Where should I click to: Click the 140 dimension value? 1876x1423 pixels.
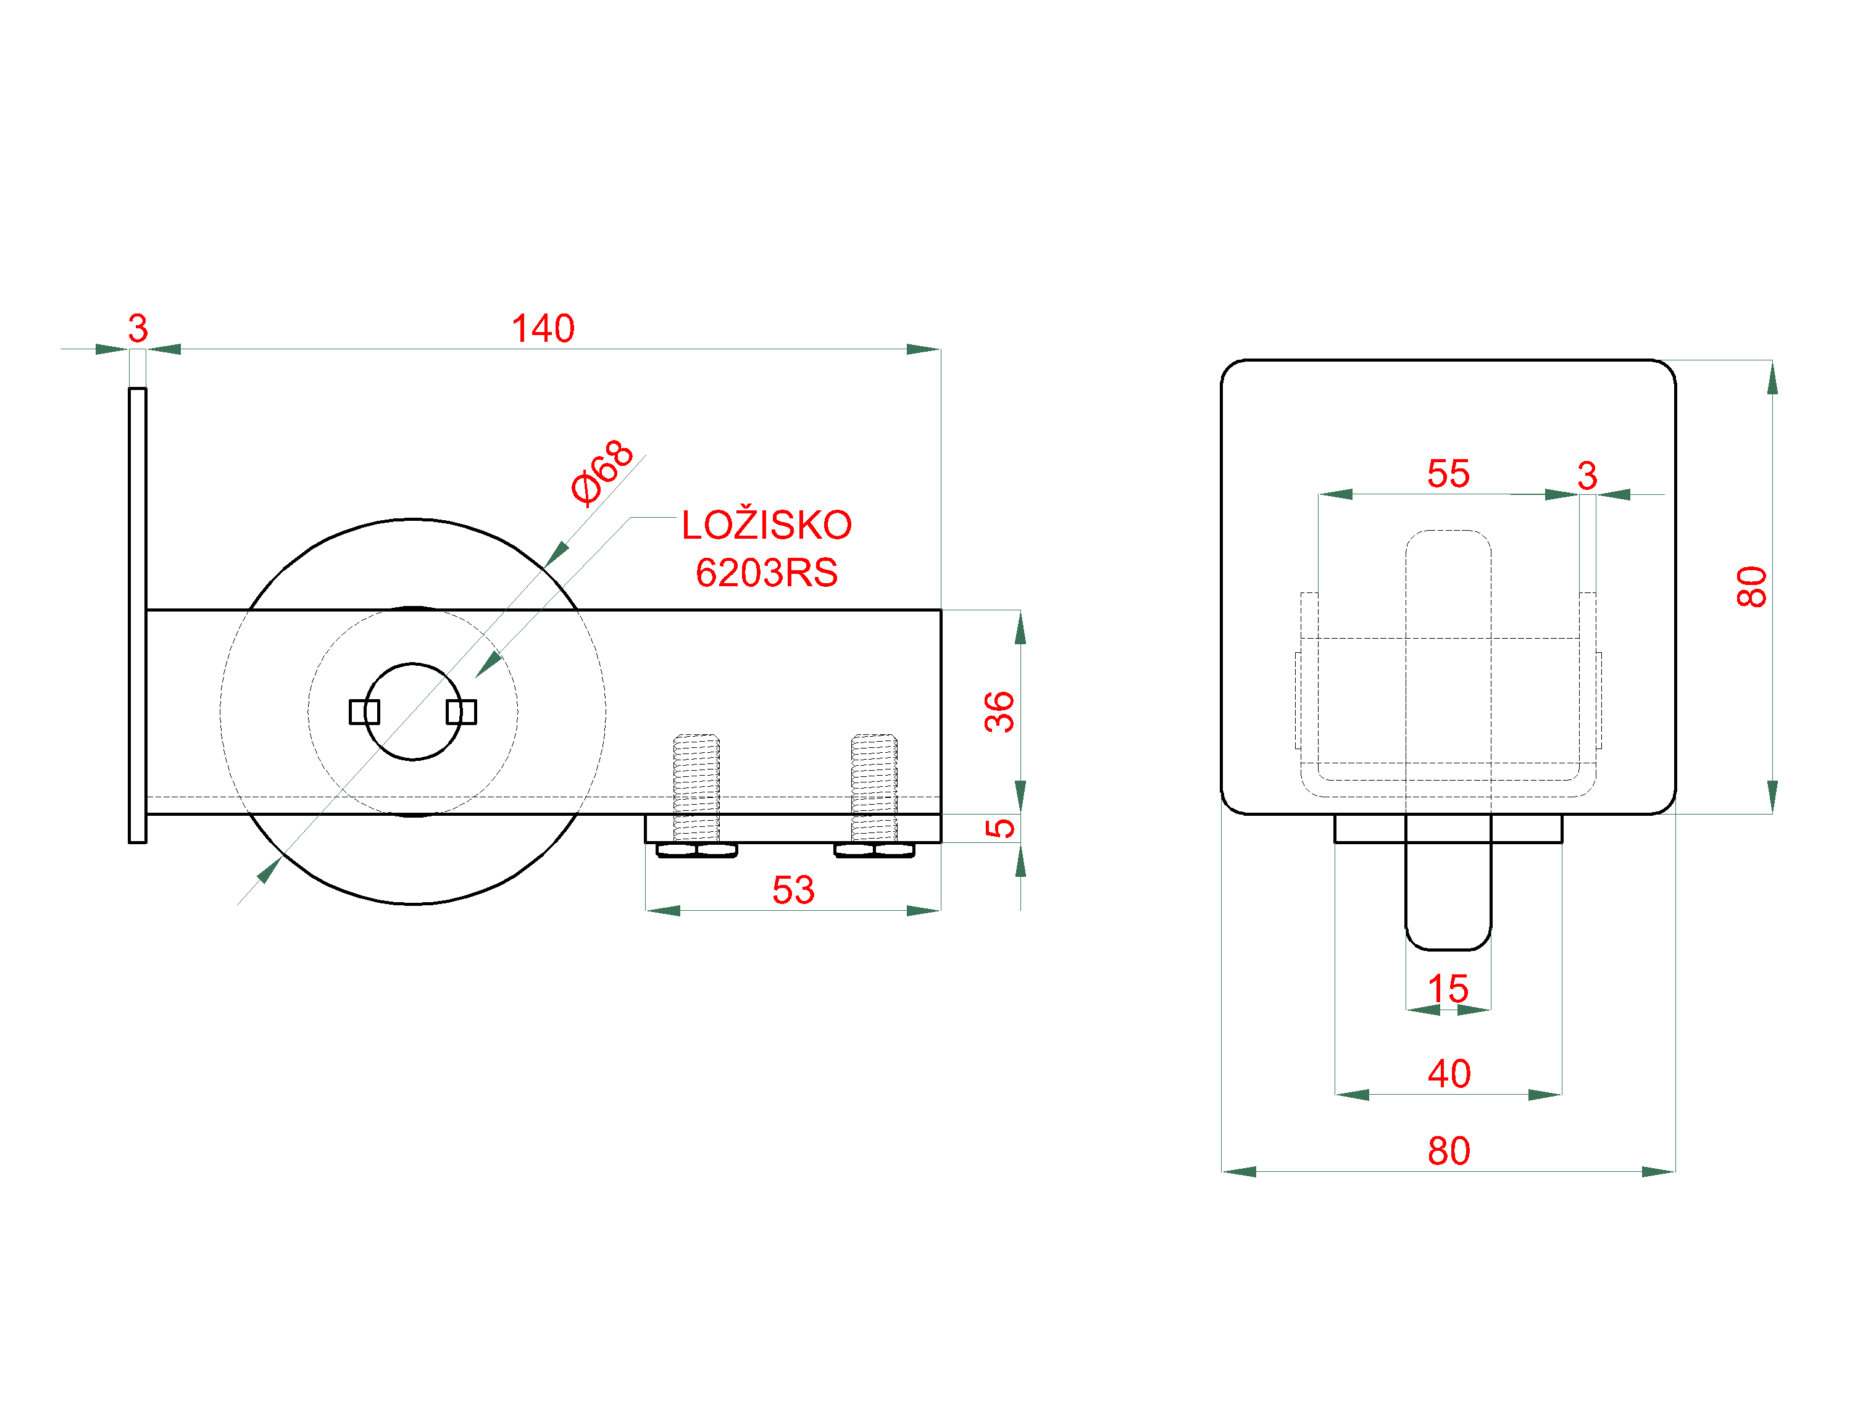click(543, 329)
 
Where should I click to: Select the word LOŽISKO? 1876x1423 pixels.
click(767, 526)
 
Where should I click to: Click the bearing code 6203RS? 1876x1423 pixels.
click(767, 573)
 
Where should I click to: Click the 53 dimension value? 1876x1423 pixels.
click(793, 890)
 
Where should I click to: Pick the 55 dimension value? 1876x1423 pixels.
click(1448, 474)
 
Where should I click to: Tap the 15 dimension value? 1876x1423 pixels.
click(1448, 989)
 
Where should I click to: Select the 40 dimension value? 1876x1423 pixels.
click(1449, 1074)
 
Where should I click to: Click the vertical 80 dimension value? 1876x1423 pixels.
click(1752, 587)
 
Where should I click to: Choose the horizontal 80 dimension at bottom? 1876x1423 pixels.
click(1449, 1151)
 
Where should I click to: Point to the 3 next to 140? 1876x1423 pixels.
click(138, 329)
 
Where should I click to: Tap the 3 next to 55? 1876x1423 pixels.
click(1587, 476)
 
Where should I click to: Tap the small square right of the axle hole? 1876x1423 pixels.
click(461, 711)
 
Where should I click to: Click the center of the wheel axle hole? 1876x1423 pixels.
click(413, 711)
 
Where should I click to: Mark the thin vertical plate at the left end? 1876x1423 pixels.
click(138, 615)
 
